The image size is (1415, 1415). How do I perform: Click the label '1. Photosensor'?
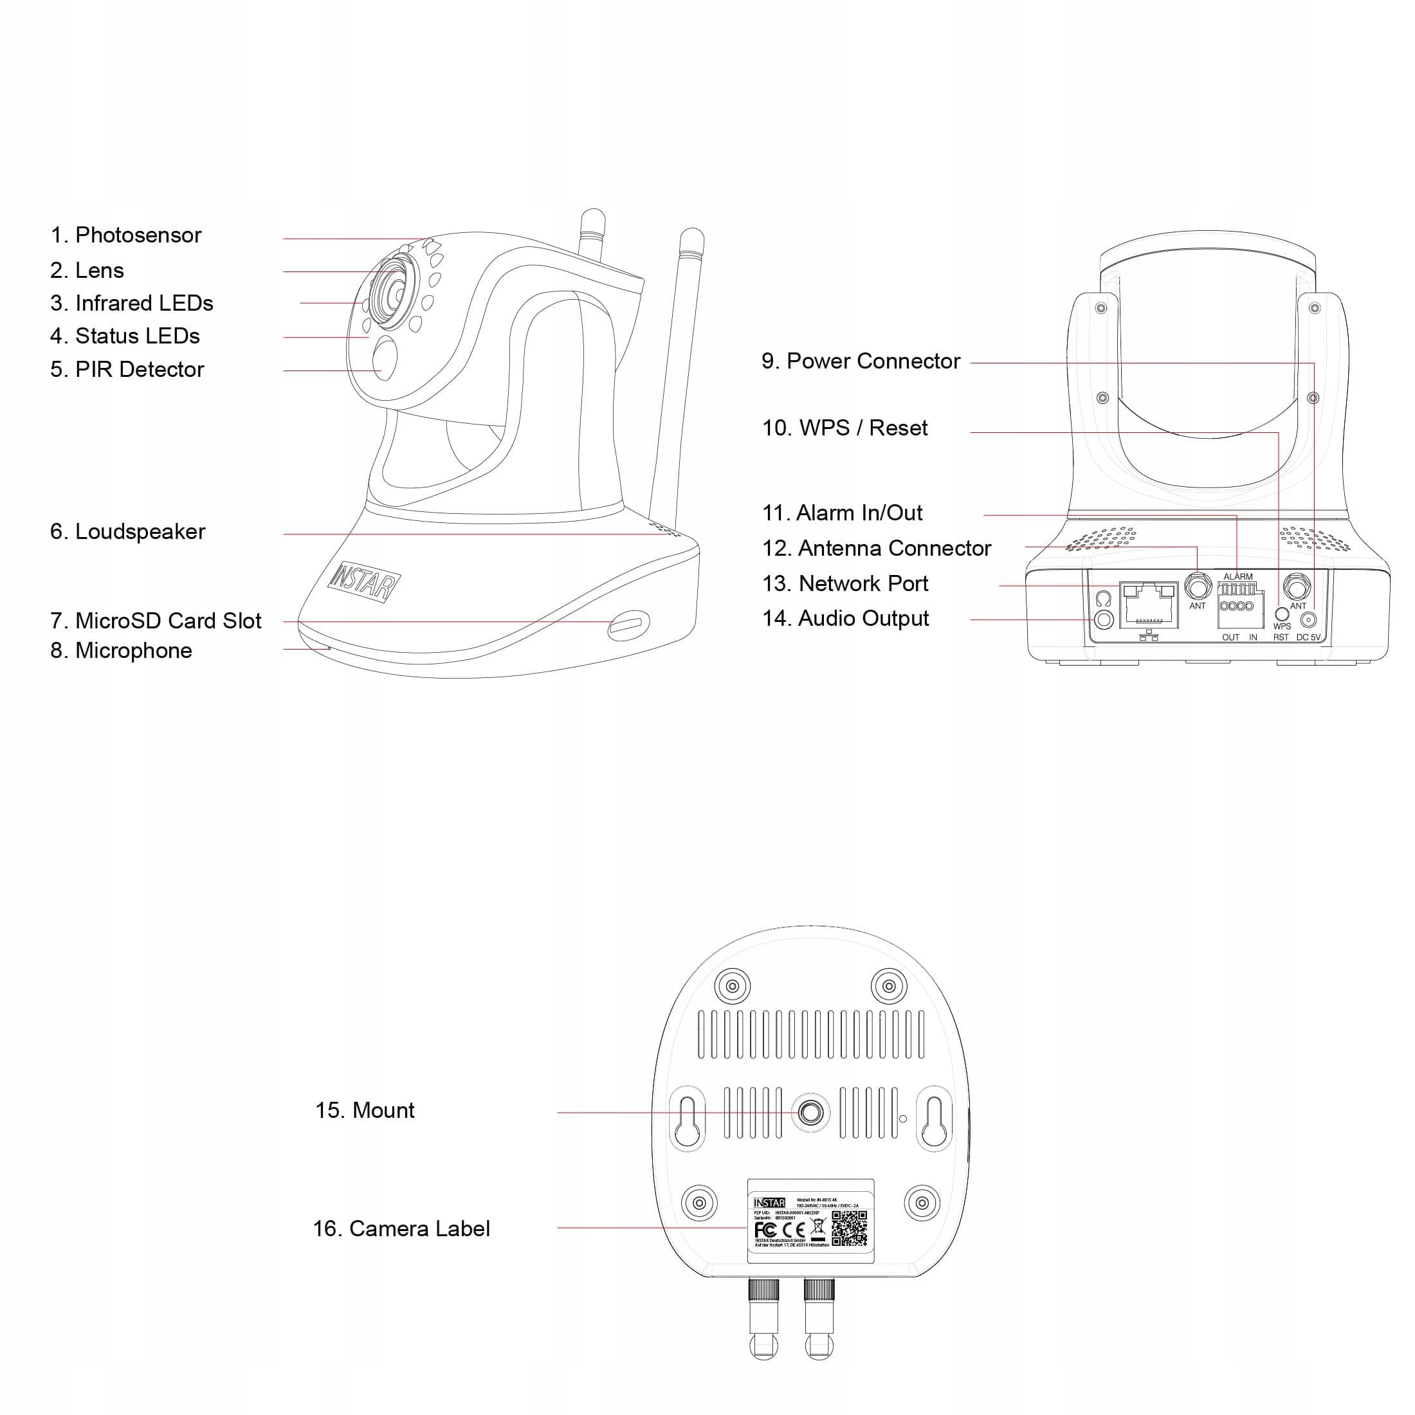[x=125, y=235]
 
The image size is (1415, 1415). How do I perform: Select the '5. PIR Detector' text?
[x=127, y=369]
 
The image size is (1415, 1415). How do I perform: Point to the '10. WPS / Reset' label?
[x=844, y=428]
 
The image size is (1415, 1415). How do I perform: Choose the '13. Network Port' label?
[x=844, y=584]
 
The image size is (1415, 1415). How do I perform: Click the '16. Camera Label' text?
[x=401, y=1228]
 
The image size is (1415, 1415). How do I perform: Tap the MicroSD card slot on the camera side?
[x=628, y=624]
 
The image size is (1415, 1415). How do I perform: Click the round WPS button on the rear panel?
[x=1282, y=614]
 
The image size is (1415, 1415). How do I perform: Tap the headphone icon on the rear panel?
[x=1104, y=599]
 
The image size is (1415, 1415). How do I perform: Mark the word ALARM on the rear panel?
[x=1237, y=576]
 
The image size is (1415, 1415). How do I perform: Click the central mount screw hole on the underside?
[x=810, y=1113]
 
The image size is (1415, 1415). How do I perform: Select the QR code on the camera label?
[x=849, y=1228]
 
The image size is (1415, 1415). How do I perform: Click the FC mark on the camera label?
[x=765, y=1230]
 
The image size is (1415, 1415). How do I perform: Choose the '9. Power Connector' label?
[x=860, y=361]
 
